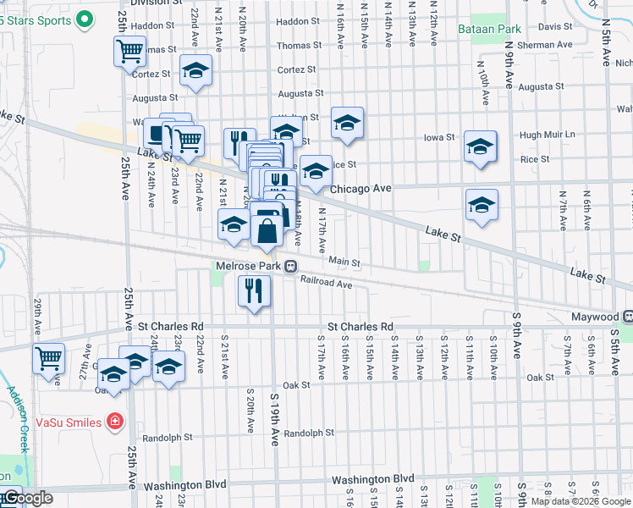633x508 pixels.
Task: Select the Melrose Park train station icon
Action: click(x=290, y=266)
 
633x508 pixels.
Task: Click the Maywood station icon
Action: click(x=628, y=316)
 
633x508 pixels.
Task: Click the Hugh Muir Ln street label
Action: click(x=547, y=135)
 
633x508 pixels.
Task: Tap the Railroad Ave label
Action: click(x=326, y=285)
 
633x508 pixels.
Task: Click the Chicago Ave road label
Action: click(x=361, y=189)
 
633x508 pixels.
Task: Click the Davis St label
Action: click(x=556, y=27)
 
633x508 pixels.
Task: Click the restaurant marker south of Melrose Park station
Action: click(x=254, y=291)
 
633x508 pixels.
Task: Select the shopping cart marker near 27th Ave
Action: click(x=48, y=358)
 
